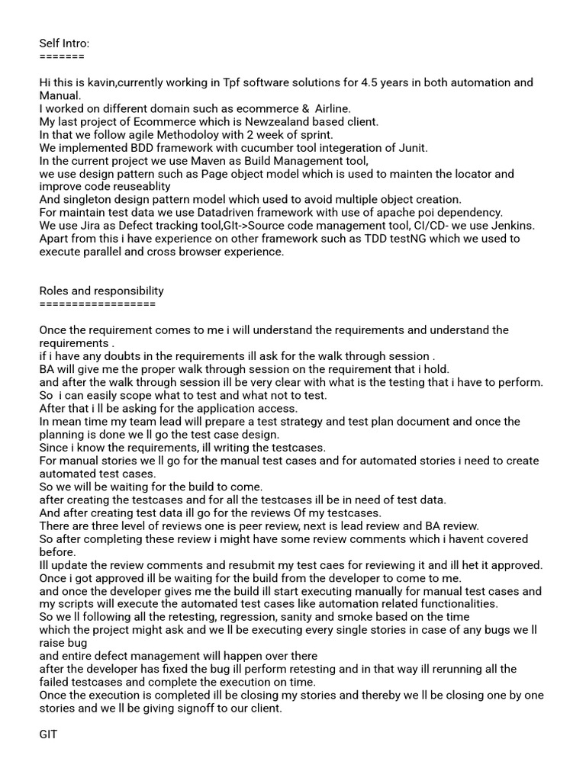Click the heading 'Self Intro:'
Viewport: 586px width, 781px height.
pos(64,43)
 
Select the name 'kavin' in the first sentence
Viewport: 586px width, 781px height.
pos(101,82)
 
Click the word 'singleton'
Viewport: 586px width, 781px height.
pos(88,199)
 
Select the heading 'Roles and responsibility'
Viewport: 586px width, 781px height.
pos(101,291)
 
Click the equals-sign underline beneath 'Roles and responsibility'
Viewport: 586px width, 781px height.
pos(97,304)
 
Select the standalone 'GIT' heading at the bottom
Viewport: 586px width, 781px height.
pos(48,734)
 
